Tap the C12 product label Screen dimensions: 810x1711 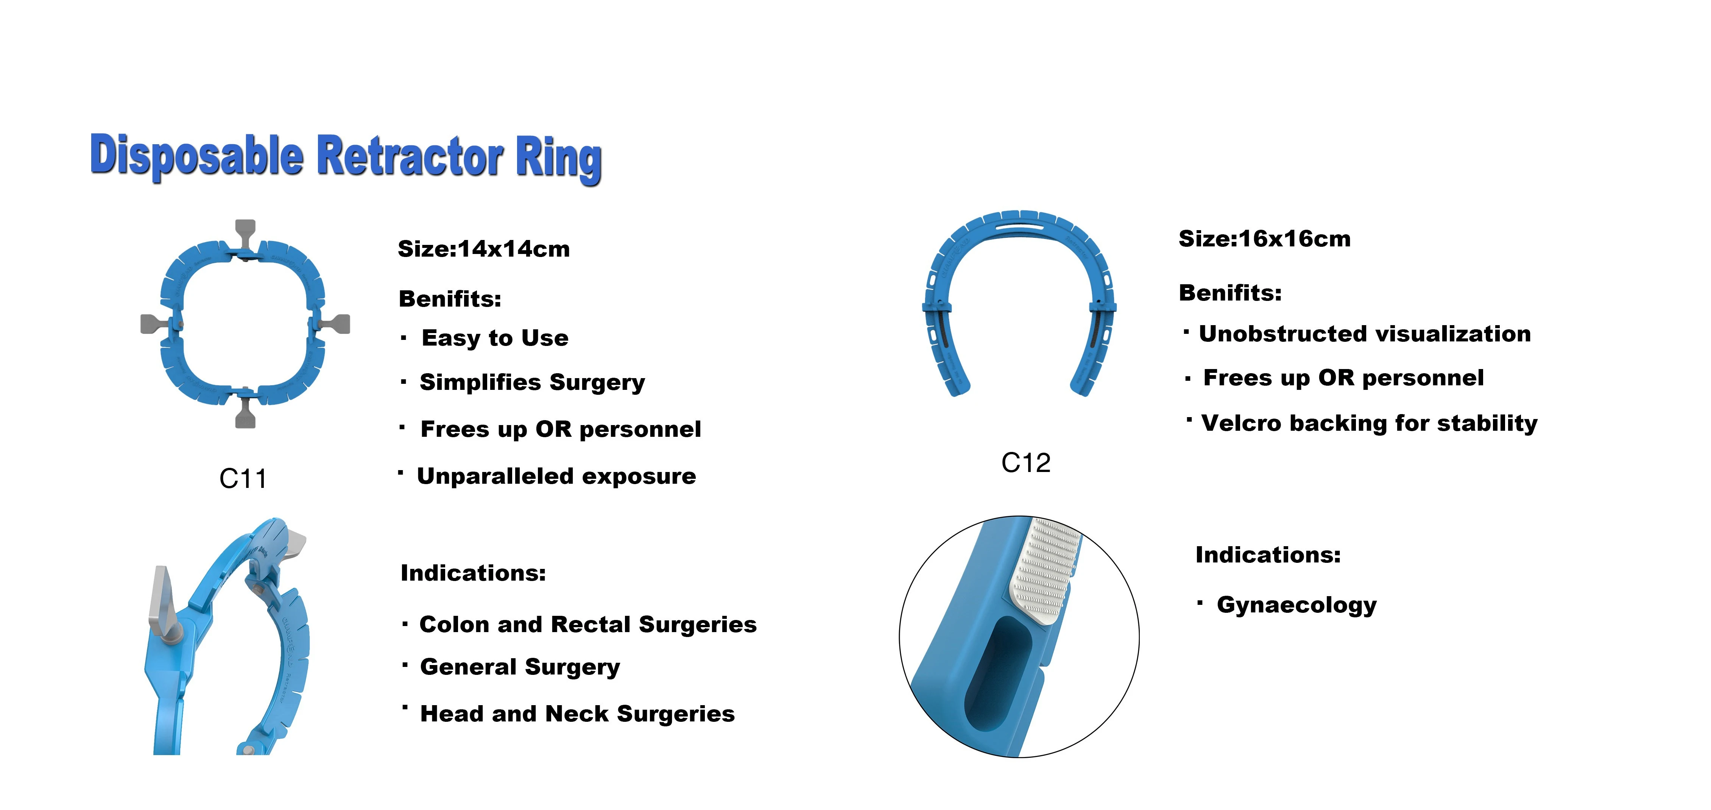pyautogui.click(x=1025, y=463)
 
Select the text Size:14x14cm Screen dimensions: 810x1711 pyautogui.click(x=483, y=249)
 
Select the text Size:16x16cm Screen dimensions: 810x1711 pyautogui.click(x=1264, y=239)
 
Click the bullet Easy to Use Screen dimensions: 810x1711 pyautogui.click(x=495, y=338)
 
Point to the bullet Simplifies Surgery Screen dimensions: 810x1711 pyautogui.click(x=532, y=382)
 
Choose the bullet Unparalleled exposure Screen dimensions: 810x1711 pyautogui.click(x=556, y=476)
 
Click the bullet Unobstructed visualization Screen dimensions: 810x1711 pyautogui.click(x=1364, y=334)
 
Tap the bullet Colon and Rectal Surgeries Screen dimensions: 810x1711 pyautogui.click(x=588, y=625)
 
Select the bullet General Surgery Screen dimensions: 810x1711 pyautogui.click(x=519, y=667)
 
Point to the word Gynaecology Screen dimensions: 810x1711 pyautogui.click(x=1296, y=605)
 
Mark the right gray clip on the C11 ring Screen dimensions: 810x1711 pyautogui.click(x=336, y=324)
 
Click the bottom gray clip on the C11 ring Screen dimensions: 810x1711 pyautogui.click(x=245, y=415)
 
